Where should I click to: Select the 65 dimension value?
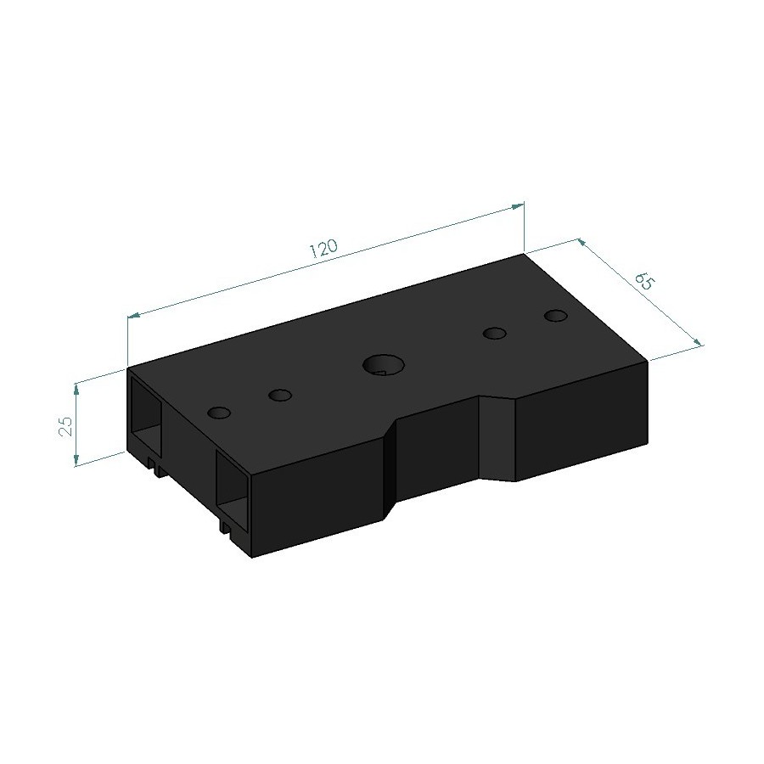(x=643, y=281)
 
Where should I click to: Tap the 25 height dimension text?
(x=65, y=425)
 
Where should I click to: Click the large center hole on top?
(x=384, y=364)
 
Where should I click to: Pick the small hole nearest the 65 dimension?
(x=556, y=316)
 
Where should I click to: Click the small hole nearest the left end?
(x=219, y=413)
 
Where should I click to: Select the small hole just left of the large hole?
(x=279, y=395)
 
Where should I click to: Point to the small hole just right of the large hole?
(x=494, y=334)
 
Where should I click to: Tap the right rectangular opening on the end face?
(x=233, y=486)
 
